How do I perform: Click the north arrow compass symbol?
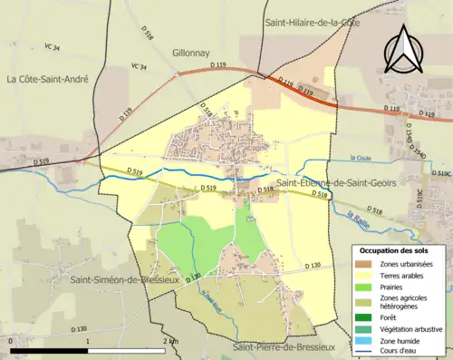coord(404,50)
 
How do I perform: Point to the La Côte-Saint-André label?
coord(47,80)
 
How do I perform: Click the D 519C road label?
coord(441,173)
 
